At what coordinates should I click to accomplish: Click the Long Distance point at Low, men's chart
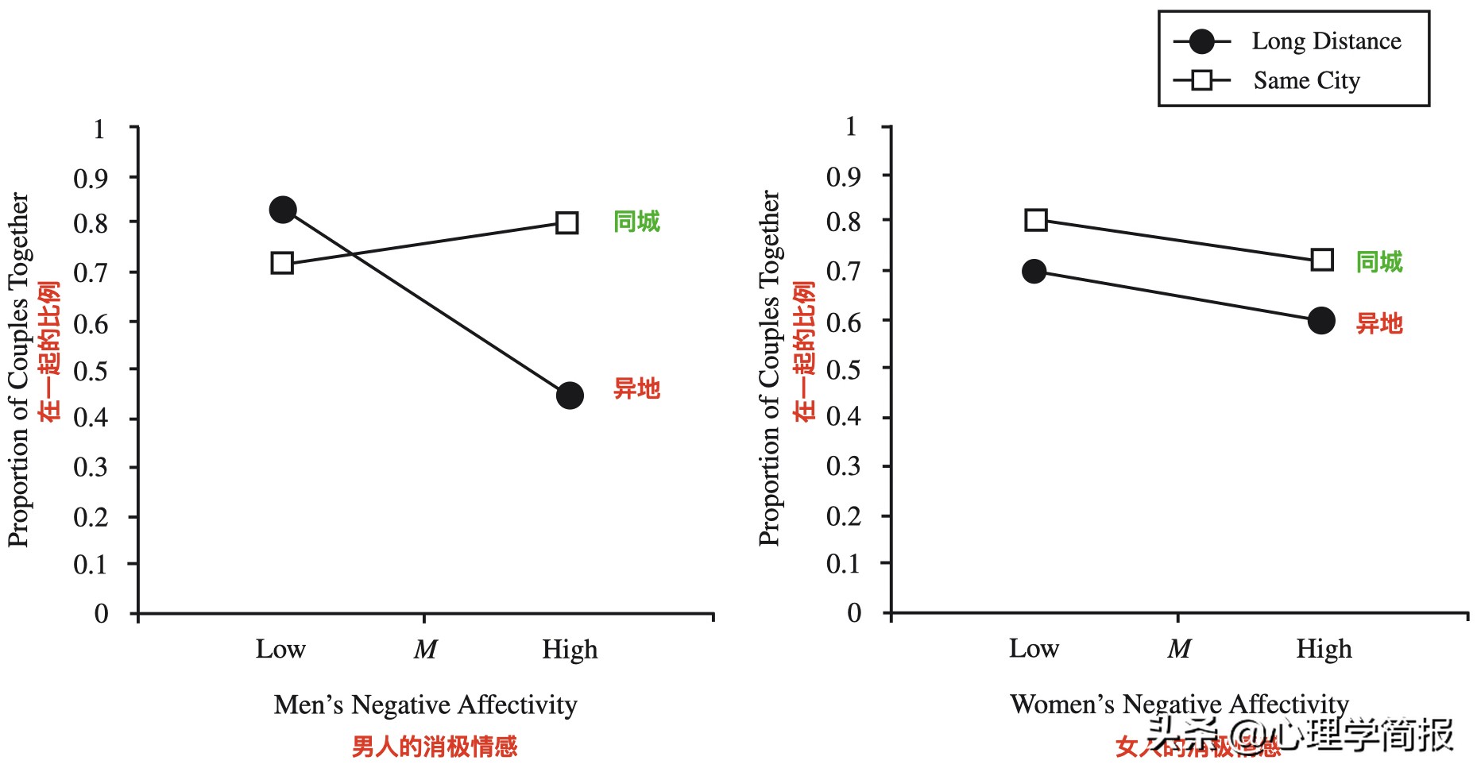coord(283,210)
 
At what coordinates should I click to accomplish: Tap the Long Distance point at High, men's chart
coord(570,396)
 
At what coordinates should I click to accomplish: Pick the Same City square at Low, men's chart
coord(282,263)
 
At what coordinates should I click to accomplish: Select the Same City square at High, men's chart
coord(566,222)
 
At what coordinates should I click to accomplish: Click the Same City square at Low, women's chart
coord(1035,220)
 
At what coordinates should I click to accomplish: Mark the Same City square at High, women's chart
coord(1322,260)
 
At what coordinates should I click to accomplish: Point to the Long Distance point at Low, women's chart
coord(1034,272)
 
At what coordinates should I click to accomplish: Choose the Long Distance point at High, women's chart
coord(1321,321)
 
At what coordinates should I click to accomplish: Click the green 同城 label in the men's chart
coord(636,222)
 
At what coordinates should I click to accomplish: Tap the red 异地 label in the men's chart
coord(636,389)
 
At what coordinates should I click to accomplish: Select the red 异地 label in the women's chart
coord(1379,324)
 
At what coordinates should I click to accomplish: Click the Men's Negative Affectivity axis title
coord(425,705)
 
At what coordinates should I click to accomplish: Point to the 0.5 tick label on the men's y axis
coord(91,371)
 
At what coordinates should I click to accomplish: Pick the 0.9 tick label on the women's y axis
coord(844,176)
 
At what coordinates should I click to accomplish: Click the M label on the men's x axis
coord(425,651)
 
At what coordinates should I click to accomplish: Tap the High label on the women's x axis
coord(1324,650)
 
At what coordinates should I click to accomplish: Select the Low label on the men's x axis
coord(280,650)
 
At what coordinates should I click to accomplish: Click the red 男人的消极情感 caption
coord(435,747)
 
